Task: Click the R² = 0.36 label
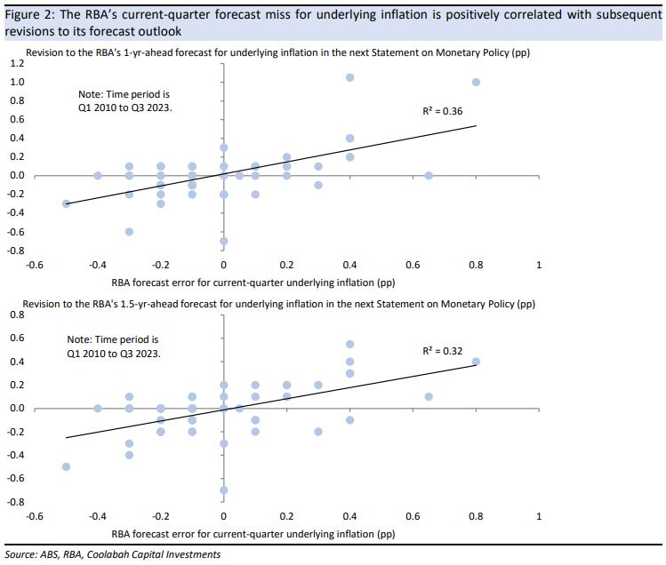tap(442, 111)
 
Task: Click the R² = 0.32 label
tap(442, 351)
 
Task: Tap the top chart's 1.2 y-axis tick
tap(17, 64)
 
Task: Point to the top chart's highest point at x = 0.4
tap(350, 77)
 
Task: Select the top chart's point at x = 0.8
tap(476, 83)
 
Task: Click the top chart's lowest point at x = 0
tap(223, 241)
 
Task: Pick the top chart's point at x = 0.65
tap(429, 176)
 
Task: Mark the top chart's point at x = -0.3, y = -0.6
tap(129, 232)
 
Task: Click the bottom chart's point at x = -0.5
tap(66, 466)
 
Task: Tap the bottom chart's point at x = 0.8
tap(476, 362)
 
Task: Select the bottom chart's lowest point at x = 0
tap(223, 489)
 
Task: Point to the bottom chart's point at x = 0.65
tap(429, 396)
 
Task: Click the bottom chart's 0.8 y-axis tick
tap(17, 314)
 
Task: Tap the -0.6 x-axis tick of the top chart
tap(35, 265)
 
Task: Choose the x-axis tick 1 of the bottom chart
tap(538, 515)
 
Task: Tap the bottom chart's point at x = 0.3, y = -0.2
tap(318, 432)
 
